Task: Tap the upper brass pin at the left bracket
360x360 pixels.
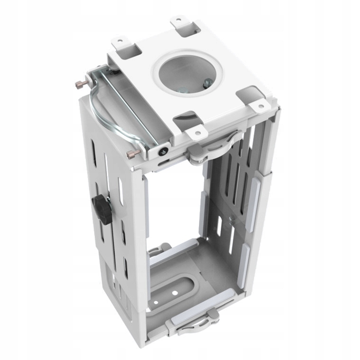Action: (79, 84)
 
